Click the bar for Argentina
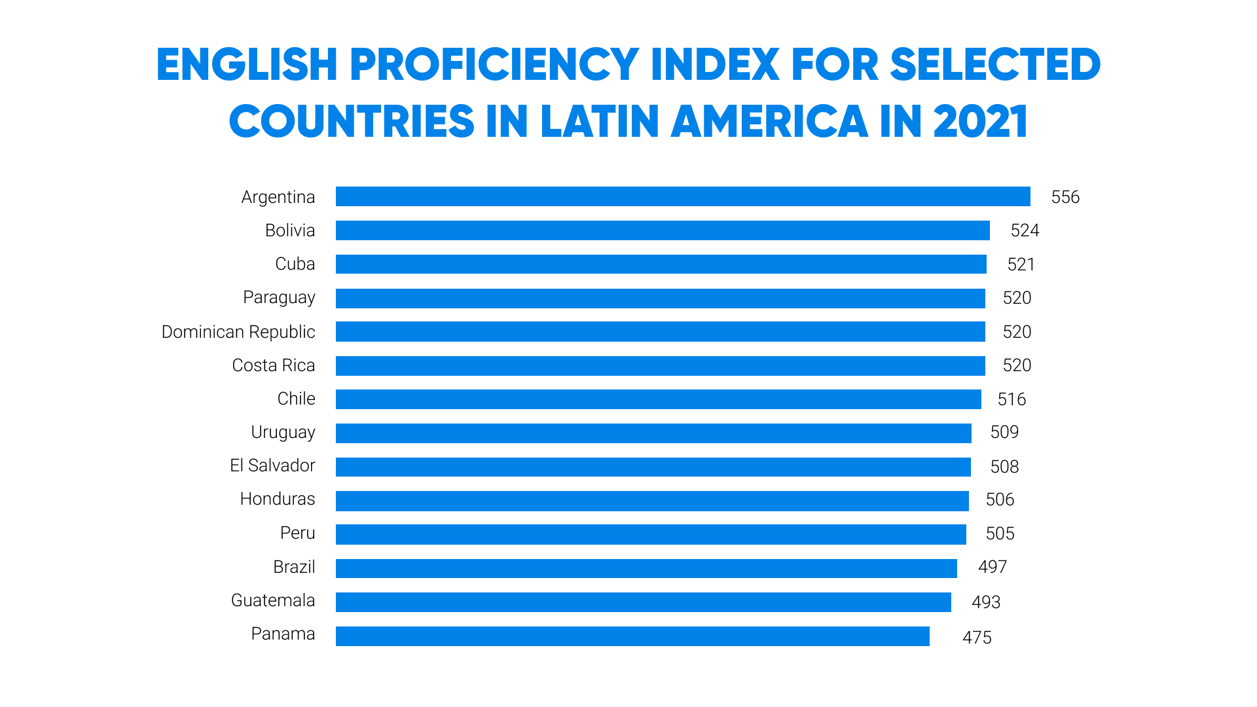[683, 196]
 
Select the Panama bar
[632, 636]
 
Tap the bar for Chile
[658, 399]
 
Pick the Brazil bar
[646, 568]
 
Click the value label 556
[1065, 197]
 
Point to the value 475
[977, 638]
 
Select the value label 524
[1025, 230]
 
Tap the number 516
[1011, 399]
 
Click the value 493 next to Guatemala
[986, 602]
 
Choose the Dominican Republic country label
[238, 332]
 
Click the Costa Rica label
[274, 365]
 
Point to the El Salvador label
[272, 465]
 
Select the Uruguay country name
[283, 433]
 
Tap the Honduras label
[278, 499]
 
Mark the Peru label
[298, 533]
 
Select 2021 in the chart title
[980, 122]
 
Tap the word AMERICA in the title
[770, 122]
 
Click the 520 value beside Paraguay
[1017, 298]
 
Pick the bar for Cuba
[661, 264]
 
